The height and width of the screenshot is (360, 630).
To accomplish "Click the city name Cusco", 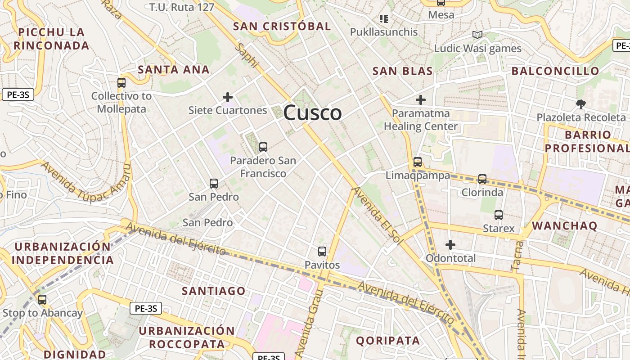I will [x=312, y=112].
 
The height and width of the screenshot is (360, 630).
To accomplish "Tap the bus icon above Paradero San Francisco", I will [x=263, y=147].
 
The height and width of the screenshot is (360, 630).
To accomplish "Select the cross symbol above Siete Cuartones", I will [x=228, y=97].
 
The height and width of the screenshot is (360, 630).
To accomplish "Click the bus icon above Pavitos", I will [x=322, y=252].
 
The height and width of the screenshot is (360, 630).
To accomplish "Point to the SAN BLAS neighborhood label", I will [x=403, y=71].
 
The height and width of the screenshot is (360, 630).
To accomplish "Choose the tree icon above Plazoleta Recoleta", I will [x=581, y=104].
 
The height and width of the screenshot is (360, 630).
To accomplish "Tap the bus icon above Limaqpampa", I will [x=418, y=162].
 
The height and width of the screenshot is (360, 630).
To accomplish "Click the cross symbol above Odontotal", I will [x=450, y=245].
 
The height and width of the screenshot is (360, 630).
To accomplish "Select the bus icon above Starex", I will [x=499, y=215].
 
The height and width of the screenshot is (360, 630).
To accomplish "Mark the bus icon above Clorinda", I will [x=482, y=179].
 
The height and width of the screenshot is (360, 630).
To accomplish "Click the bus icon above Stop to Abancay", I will [x=42, y=300].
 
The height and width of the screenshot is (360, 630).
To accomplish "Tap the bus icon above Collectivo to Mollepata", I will [x=121, y=83].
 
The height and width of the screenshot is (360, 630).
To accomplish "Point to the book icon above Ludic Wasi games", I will [x=477, y=35].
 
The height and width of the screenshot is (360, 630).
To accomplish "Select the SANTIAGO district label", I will [x=214, y=291].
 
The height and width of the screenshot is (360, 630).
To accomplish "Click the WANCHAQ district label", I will [x=565, y=226].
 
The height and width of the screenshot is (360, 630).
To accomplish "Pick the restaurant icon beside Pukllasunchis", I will [x=384, y=19].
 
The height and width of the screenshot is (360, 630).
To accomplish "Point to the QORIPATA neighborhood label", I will [x=388, y=341].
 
